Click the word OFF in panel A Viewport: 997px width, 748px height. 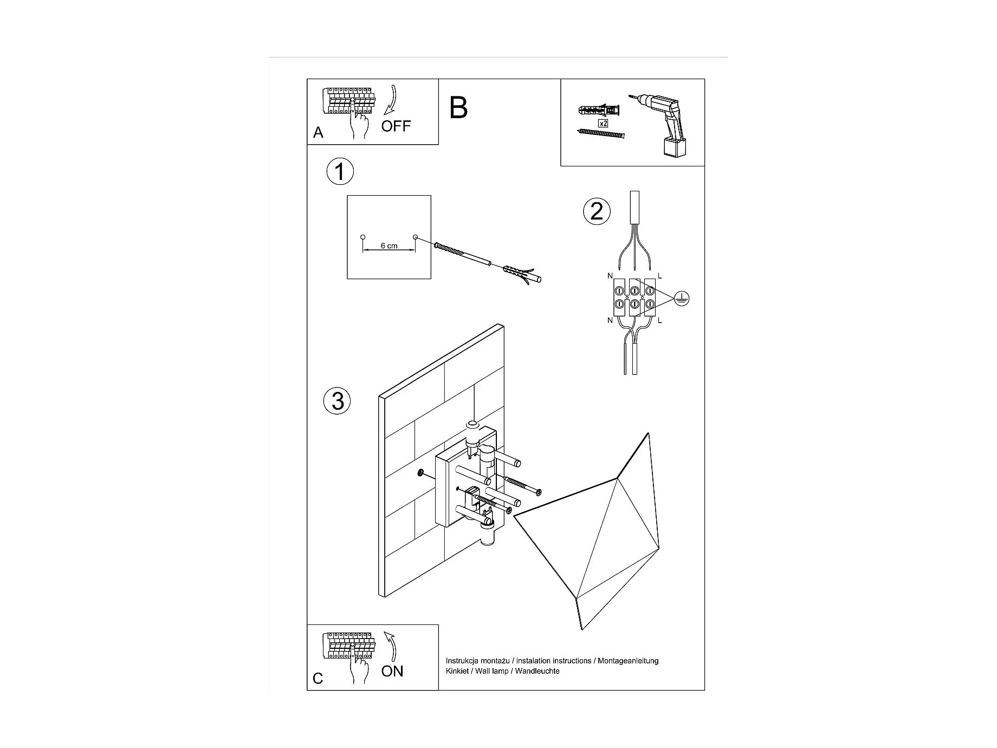pyautogui.click(x=396, y=126)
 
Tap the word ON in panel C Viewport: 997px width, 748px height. pyautogui.click(x=392, y=671)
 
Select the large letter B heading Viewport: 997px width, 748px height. pyautogui.click(x=458, y=108)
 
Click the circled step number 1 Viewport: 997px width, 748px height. pyautogui.click(x=340, y=172)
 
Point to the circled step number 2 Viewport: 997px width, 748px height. pyautogui.click(x=597, y=211)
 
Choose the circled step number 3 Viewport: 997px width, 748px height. pyautogui.click(x=337, y=401)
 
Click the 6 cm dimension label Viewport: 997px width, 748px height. pyautogui.click(x=389, y=246)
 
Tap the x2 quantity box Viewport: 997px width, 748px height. pyautogui.click(x=603, y=123)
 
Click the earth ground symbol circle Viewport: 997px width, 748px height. pyautogui.click(x=682, y=298)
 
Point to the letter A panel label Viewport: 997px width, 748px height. pyautogui.click(x=318, y=133)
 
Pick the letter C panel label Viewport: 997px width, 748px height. pyautogui.click(x=318, y=678)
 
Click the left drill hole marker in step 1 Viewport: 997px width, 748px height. pyautogui.click(x=363, y=237)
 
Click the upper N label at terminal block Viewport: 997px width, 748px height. pyautogui.click(x=610, y=276)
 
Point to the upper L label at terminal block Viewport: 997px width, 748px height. pyautogui.click(x=659, y=276)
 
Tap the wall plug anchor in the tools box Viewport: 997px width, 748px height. pyautogui.click(x=599, y=111)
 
